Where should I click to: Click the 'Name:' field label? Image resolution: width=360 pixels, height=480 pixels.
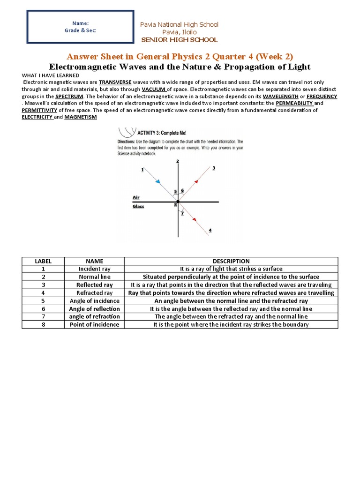[x=80, y=23]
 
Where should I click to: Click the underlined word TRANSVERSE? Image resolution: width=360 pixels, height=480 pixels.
[x=115, y=80]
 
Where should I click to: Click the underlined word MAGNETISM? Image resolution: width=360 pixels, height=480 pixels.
[x=80, y=117]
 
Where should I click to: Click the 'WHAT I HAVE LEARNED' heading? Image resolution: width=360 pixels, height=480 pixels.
[x=51, y=74]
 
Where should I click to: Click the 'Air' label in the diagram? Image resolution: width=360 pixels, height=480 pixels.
[x=136, y=197]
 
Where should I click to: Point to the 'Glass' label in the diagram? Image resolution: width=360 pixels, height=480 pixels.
[x=138, y=206]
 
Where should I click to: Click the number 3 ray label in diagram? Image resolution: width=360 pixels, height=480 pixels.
[x=214, y=167]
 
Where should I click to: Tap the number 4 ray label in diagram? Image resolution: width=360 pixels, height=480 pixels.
[x=210, y=230]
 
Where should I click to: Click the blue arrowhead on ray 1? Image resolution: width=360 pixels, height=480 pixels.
[x=158, y=181]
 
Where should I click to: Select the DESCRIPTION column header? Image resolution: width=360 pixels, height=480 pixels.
[x=231, y=261]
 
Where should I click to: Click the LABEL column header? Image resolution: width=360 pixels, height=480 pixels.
[x=43, y=261]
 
